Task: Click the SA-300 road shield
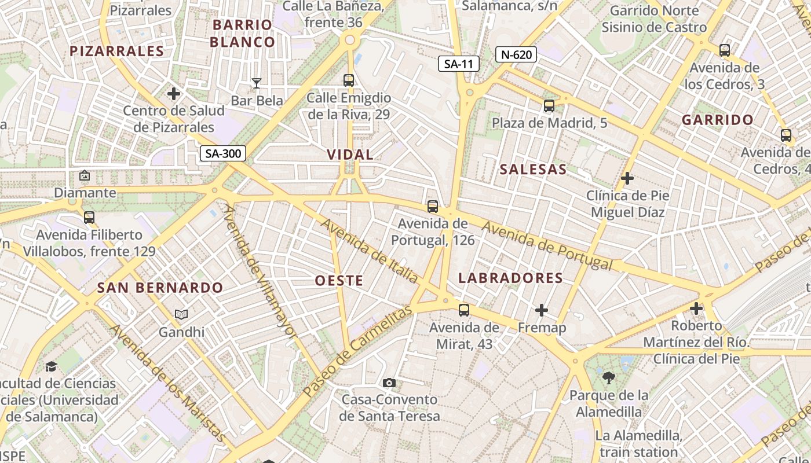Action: (223, 153)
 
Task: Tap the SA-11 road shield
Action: (458, 64)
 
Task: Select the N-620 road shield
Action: (516, 55)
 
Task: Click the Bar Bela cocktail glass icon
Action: (257, 83)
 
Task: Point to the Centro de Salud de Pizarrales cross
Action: (174, 93)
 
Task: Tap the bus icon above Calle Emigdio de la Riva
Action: (349, 80)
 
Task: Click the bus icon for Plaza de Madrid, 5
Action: (549, 106)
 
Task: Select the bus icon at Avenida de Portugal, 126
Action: (433, 207)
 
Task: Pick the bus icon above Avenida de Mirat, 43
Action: (464, 310)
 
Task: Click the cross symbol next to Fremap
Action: (542, 311)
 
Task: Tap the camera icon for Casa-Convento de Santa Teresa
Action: (389, 383)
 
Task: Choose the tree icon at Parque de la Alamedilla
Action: (608, 379)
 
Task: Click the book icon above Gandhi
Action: (181, 314)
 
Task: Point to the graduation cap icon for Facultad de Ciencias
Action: (52, 366)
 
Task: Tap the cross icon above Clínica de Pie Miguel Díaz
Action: (627, 178)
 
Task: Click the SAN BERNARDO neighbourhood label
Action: (160, 288)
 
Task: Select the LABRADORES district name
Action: (510, 278)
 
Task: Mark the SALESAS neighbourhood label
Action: (533, 170)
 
